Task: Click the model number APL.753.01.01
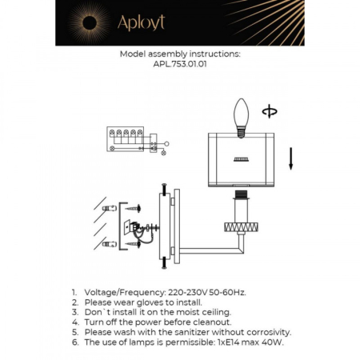[x=179, y=66]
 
